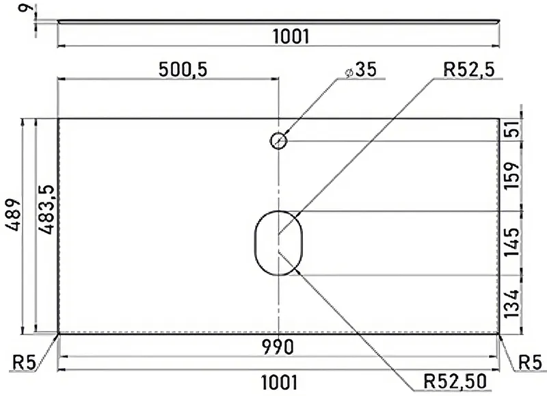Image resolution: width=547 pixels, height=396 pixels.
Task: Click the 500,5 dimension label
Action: [x=183, y=69]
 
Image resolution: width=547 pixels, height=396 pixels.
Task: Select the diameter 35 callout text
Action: [x=362, y=70]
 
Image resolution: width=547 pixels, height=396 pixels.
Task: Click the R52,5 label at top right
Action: [x=469, y=70]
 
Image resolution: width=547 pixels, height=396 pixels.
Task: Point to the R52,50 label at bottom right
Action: [x=455, y=381]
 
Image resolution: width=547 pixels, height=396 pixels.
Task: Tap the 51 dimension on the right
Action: [x=511, y=130]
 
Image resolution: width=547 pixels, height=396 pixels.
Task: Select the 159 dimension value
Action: [x=511, y=176]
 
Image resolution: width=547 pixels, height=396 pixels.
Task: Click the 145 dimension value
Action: [x=511, y=242]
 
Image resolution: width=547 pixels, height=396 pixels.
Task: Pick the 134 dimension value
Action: [x=511, y=304]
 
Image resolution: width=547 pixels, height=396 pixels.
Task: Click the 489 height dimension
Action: [x=13, y=215]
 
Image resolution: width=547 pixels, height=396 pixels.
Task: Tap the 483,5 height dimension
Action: [x=46, y=209]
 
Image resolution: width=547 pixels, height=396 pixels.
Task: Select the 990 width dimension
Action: [x=278, y=347]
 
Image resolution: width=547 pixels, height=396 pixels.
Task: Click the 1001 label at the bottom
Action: [x=280, y=382]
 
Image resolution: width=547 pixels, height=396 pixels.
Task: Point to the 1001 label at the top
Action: [x=291, y=37]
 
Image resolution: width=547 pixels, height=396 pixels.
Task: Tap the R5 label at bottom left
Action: [x=24, y=363]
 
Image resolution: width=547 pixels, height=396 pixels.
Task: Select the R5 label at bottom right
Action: [x=531, y=362]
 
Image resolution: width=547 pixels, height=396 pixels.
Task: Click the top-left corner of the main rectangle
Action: [x=58, y=119]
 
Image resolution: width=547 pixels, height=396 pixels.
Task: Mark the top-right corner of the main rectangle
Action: [x=500, y=119]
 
